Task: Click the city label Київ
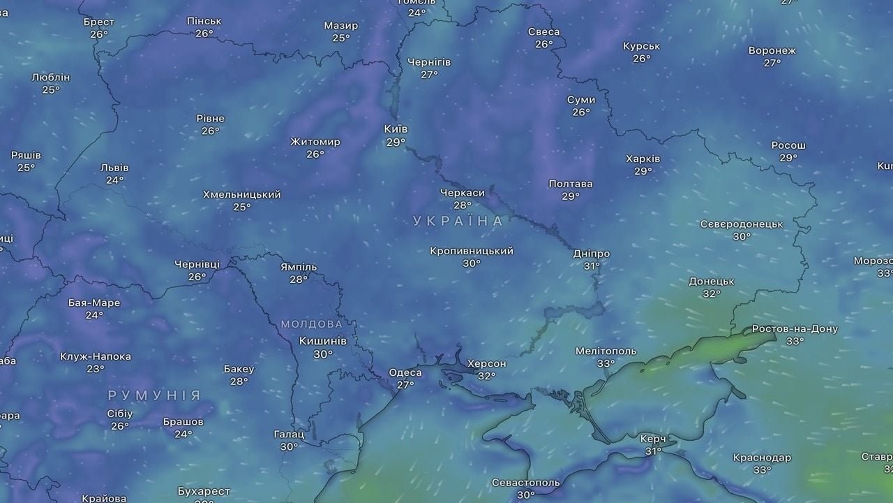pos(396,129)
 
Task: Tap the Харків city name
pos(643,159)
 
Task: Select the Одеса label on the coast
pos(405,372)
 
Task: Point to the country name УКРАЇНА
pos(458,221)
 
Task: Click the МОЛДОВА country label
pos(311,324)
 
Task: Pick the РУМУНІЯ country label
pos(154,395)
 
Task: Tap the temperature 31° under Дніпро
pos(592,266)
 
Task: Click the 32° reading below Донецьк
pos(712,294)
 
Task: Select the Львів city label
pos(114,168)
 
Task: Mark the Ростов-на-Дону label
pos(795,329)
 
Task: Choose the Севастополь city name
pos(525,483)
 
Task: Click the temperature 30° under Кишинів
pos(322,354)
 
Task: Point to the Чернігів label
pos(428,62)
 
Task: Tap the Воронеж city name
pos(772,50)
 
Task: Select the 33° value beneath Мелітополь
pos(606,363)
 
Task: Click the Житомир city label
pos(315,142)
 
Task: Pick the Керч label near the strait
pos(653,439)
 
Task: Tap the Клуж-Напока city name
pos(95,356)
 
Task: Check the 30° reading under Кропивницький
pos(472,263)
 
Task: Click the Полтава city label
pos(570,184)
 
